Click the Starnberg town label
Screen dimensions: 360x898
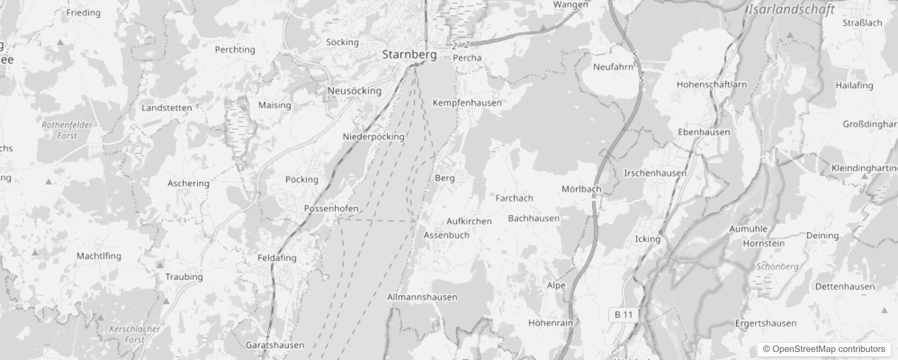point(409,54)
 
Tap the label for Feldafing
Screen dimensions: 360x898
point(277,258)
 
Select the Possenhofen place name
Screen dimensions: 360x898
point(331,208)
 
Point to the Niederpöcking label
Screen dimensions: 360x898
point(373,136)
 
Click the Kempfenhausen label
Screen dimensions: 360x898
point(467,103)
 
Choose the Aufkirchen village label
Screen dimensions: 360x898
point(469,221)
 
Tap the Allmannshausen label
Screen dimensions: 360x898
point(422,297)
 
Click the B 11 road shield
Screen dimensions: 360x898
point(624,315)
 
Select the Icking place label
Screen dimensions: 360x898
point(647,239)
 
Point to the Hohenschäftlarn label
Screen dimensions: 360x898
point(711,84)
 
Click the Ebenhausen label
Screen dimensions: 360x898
point(704,132)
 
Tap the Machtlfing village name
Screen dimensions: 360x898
point(99,256)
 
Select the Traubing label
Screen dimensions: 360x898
point(184,277)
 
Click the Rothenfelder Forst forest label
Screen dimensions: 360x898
point(67,130)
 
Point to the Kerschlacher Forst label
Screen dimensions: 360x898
point(135,334)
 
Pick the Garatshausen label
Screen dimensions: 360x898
point(275,345)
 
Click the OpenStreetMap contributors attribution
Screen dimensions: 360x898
point(824,349)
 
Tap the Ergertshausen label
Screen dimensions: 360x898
point(765,323)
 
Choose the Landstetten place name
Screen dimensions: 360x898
point(166,108)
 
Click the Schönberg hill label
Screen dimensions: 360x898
point(777,266)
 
